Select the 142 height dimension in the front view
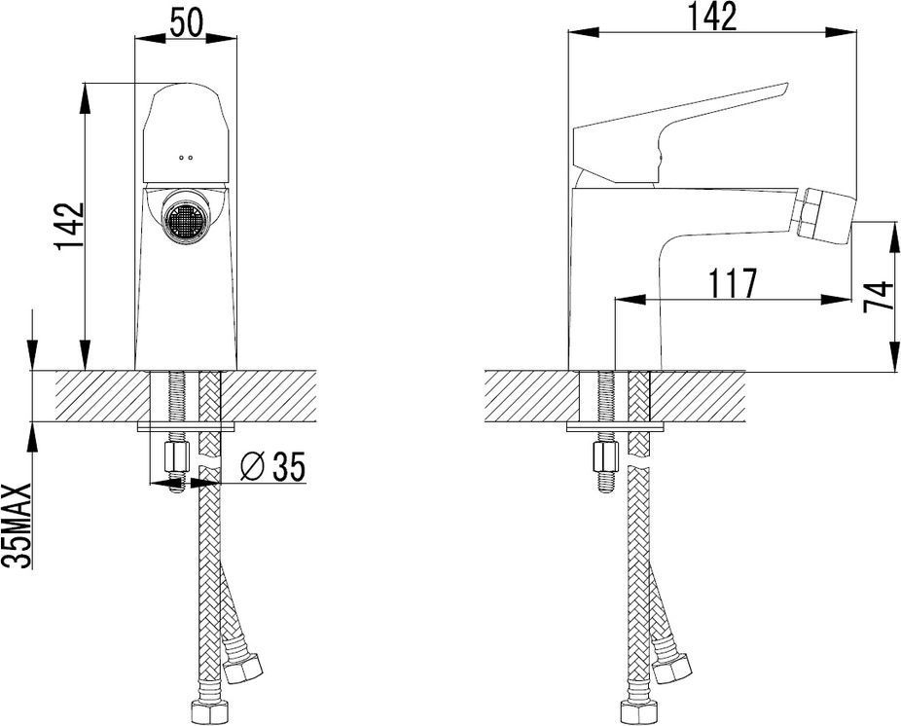pos(69,226)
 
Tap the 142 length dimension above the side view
pos(712,17)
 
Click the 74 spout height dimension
pos(879,297)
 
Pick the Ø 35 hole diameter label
pos(272,466)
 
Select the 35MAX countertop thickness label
pos(17,526)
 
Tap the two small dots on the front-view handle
pos(186,157)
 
